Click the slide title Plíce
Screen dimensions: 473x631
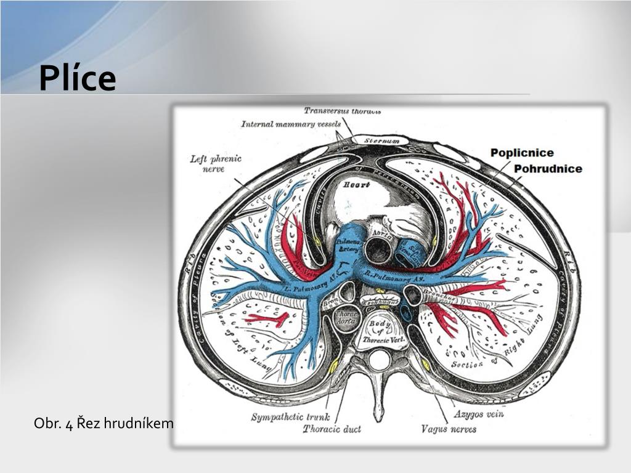click(77, 78)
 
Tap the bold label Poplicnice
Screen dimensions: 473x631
click(522, 153)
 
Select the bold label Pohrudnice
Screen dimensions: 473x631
click(548, 168)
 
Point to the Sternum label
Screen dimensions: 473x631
click(381, 141)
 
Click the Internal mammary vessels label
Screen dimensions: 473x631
click(291, 124)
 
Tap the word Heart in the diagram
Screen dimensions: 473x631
click(356, 184)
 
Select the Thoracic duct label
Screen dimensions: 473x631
click(332, 429)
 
